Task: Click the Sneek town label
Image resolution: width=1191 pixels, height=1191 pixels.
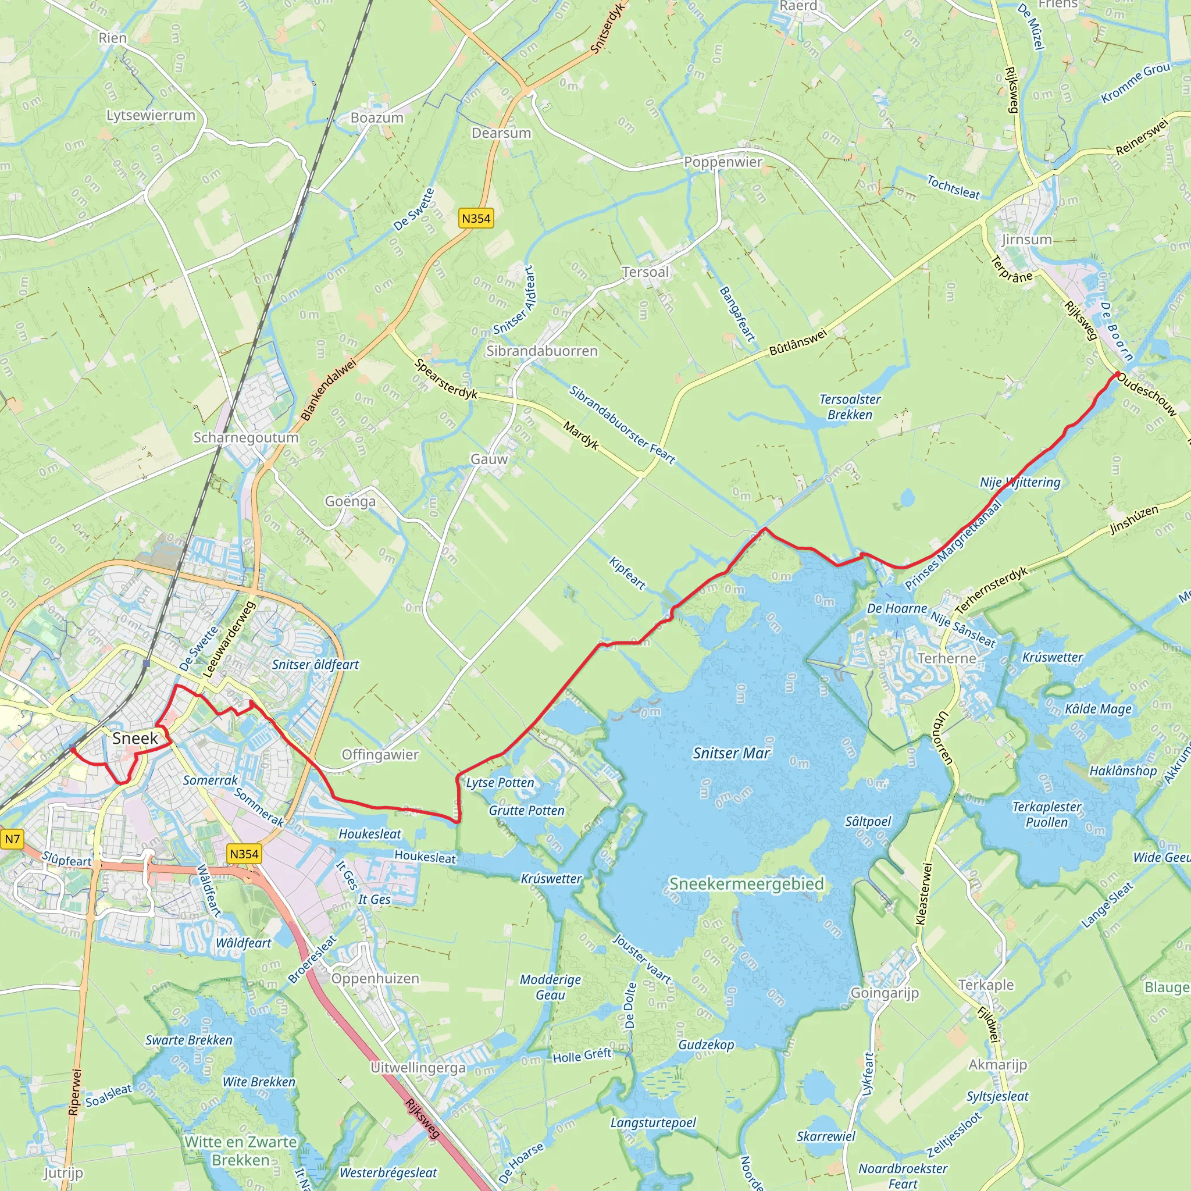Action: (x=135, y=738)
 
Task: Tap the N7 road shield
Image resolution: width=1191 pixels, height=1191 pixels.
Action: (x=12, y=839)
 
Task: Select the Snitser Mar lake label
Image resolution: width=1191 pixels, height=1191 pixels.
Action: (x=731, y=753)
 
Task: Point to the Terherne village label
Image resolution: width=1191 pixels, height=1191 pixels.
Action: (x=946, y=658)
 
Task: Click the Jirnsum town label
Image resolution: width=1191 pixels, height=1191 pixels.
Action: (x=1026, y=239)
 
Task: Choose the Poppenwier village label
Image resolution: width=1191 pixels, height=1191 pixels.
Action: (x=723, y=162)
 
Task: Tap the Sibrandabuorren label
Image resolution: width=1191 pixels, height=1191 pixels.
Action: (x=542, y=351)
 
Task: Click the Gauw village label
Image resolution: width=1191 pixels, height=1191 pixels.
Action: (x=489, y=459)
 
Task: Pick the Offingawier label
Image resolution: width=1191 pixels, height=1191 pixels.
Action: (x=380, y=754)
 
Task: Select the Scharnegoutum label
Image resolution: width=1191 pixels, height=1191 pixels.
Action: (x=245, y=437)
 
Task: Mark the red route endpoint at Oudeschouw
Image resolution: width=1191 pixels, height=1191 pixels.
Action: (x=1118, y=374)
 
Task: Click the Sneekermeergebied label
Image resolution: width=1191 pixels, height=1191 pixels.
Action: (x=747, y=883)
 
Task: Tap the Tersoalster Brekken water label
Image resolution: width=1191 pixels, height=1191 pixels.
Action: (x=850, y=407)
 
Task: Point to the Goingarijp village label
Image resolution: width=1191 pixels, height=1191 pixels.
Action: (x=885, y=993)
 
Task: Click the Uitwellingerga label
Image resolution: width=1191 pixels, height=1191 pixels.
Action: (x=418, y=1067)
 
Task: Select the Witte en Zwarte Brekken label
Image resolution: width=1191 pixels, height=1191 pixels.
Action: (x=240, y=1151)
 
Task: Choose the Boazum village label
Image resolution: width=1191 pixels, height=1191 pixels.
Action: (x=377, y=117)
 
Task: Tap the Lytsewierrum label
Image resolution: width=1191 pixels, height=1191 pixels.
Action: (x=151, y=115)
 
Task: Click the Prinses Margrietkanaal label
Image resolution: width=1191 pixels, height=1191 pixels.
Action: (x=953, y=545)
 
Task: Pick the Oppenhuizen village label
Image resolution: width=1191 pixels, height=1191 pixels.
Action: (x=375, y=978)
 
